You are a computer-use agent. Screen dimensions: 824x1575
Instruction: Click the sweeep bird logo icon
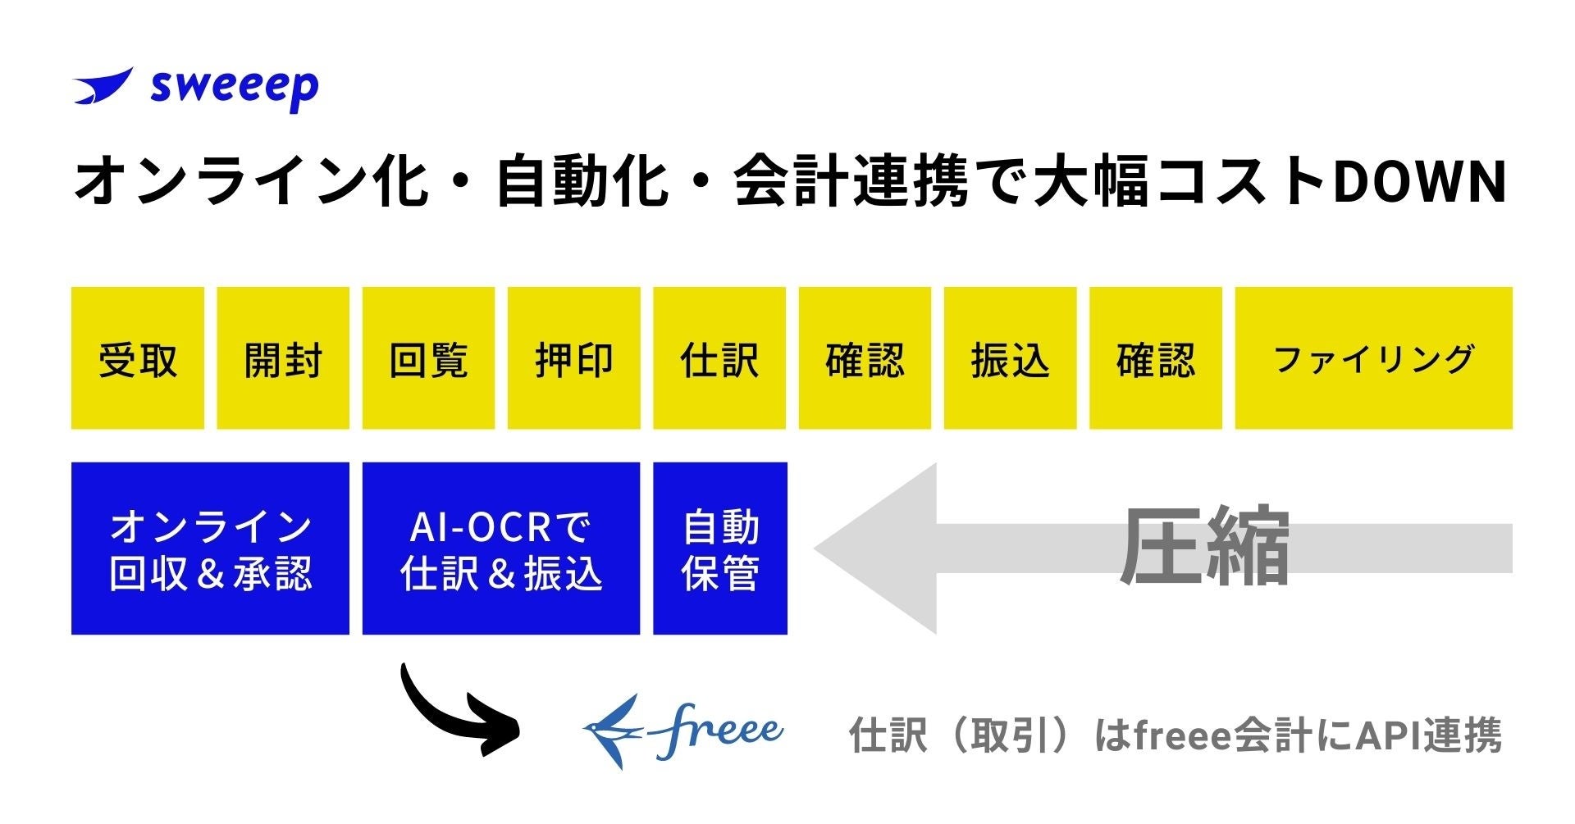pos(103,86)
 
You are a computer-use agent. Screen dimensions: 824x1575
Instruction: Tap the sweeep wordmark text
pos(235,88)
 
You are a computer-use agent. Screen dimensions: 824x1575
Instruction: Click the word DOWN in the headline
pos(1420,182)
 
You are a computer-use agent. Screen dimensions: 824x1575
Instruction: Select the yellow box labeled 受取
pos(138,358)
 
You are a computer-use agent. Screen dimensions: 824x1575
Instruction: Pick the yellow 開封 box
pos(283,358)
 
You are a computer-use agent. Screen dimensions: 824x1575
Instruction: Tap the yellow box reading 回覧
pos(428,358)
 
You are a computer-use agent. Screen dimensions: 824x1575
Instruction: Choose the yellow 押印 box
pos(573,358)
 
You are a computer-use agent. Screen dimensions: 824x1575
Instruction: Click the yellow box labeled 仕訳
pos(719,358)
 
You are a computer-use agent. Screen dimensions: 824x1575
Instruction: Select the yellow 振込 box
pos(1010,358)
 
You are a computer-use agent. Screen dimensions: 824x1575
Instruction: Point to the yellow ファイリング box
pos(1373,358)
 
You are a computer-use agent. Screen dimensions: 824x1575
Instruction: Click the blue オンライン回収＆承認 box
pos(210,549)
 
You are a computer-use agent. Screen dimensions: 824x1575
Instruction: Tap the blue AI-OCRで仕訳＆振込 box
pos(501,549)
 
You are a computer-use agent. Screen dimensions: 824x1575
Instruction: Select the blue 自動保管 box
pos(720,549)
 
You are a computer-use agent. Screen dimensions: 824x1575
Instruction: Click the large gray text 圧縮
pos(1205,547)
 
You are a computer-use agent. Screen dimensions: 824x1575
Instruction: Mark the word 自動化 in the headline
pos(582,182)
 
